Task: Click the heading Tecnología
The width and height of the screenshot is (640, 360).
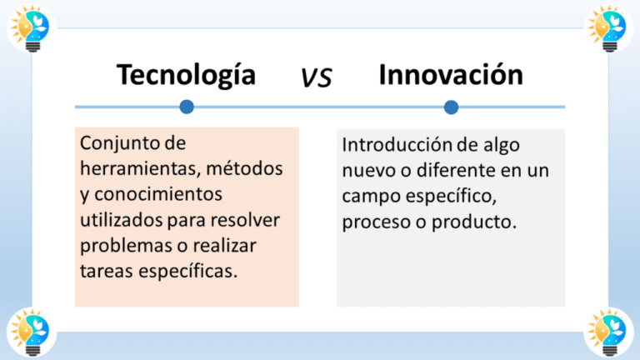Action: coord(186,76)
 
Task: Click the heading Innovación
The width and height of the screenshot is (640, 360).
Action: coord(451,75)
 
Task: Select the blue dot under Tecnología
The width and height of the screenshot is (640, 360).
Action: coord(187,107)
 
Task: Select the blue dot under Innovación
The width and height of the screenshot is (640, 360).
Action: coord(451,107)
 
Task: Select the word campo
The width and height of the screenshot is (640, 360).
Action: coord(367,197)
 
